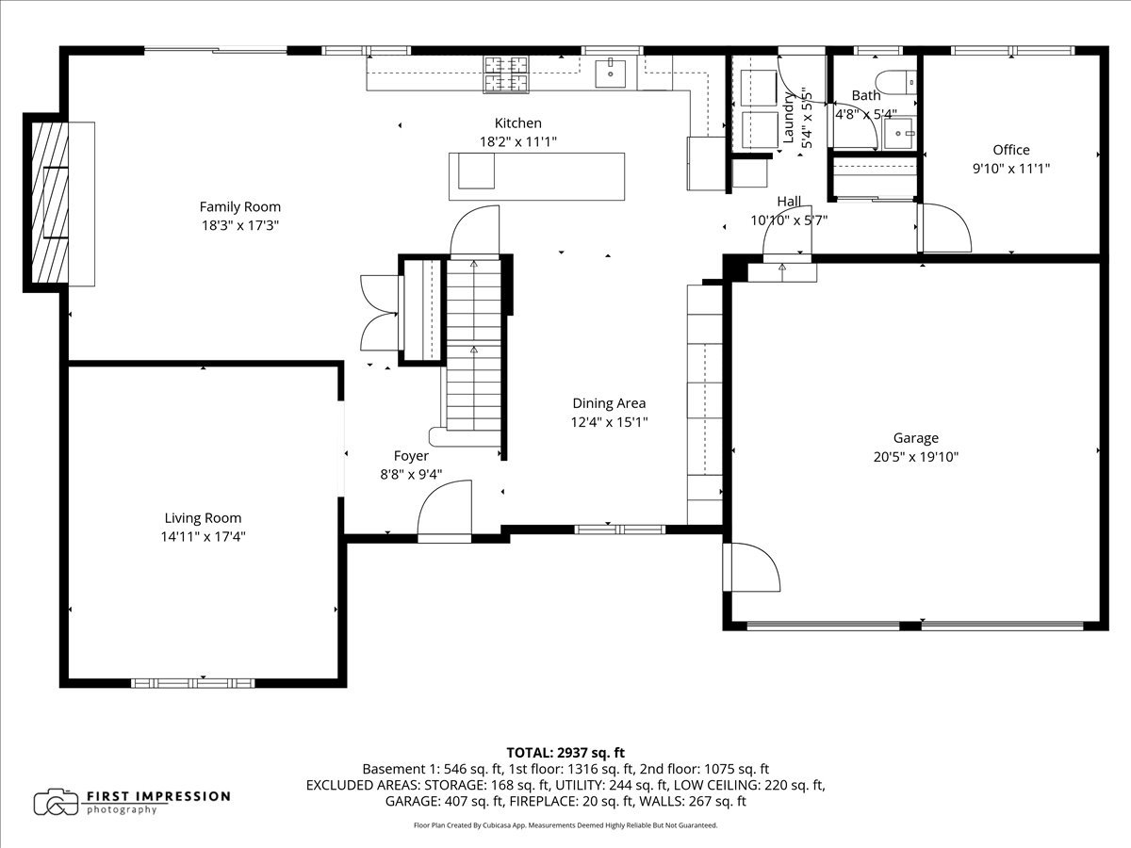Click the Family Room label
240,207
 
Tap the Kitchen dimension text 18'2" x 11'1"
518,141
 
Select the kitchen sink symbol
611,74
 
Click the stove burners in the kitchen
506,74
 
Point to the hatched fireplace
50,203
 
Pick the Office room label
1011,150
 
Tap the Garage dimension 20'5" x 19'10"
915,457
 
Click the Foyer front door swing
444,511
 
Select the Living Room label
203,518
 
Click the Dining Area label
609,403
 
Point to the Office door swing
944,228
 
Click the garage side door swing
751,567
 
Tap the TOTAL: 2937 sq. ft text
565,753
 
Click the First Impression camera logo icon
57,802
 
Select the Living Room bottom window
192,683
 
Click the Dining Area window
620,530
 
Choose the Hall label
789,202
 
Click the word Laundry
788,118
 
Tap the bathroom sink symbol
898,134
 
